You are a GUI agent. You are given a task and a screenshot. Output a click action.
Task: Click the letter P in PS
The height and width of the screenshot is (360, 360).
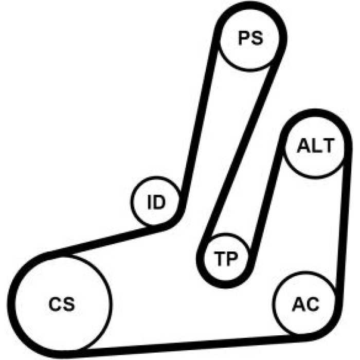tap(243, 38)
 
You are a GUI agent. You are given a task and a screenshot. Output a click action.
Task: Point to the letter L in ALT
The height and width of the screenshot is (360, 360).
tap(315, 146)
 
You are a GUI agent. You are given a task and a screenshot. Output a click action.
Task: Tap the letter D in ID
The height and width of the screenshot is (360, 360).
tap(159, 202)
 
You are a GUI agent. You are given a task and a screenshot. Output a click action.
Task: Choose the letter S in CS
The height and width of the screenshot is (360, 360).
tap(69, 304)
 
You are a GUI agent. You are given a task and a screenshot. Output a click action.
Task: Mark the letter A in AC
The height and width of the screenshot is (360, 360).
tap(298, 304)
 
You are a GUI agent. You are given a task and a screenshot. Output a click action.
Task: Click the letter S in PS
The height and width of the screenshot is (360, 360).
tap(257, 38)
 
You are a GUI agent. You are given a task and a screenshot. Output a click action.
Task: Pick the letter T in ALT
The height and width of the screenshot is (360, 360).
tap(327, 146)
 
